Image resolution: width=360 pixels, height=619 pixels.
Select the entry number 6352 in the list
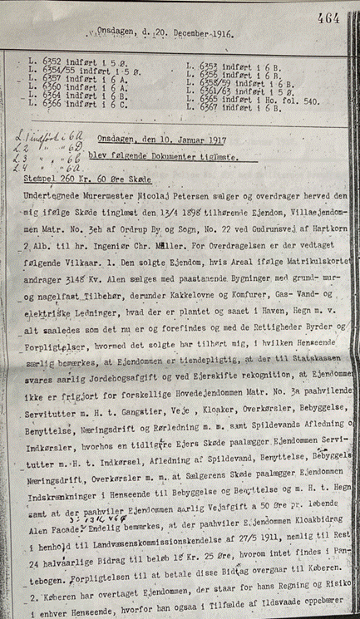point(50,66)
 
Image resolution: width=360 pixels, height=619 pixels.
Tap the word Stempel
point(42,177)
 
